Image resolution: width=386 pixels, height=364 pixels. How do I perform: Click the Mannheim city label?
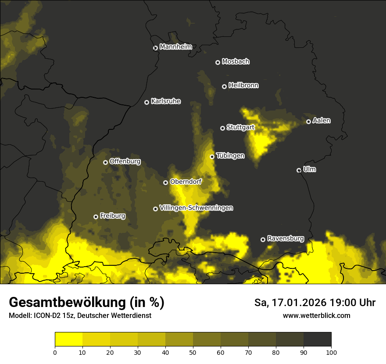coord(175,47)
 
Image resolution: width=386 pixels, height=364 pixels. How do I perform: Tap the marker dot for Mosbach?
coord(218,62)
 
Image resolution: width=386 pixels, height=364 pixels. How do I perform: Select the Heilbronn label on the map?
coord(243,86)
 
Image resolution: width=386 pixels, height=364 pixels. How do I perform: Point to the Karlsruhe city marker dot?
coord(147,102)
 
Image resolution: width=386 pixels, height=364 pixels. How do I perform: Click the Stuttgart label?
coord(240,127)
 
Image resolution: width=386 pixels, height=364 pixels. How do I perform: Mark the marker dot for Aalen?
coord(308,121)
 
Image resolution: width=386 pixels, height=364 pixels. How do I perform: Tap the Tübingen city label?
coord(230,156)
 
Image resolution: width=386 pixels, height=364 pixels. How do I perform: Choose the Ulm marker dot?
coord(299,170)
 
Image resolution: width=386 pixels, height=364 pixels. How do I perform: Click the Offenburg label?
coord(125,161)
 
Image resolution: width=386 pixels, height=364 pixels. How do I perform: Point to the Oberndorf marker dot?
coord(165,182)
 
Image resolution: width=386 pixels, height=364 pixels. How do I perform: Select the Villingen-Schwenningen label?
coord(196,208)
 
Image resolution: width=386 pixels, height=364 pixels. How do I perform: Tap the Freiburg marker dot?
coord(96,217)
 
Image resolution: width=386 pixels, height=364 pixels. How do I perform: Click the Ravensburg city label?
coord(286,239)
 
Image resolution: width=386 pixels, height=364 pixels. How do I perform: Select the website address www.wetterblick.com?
coord(316,315)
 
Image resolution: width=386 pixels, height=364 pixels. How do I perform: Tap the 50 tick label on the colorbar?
coord(193,352)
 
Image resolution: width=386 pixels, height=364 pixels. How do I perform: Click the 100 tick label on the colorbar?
coord(331,352)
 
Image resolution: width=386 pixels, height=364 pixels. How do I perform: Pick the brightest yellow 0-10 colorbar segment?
coord(68,339)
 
